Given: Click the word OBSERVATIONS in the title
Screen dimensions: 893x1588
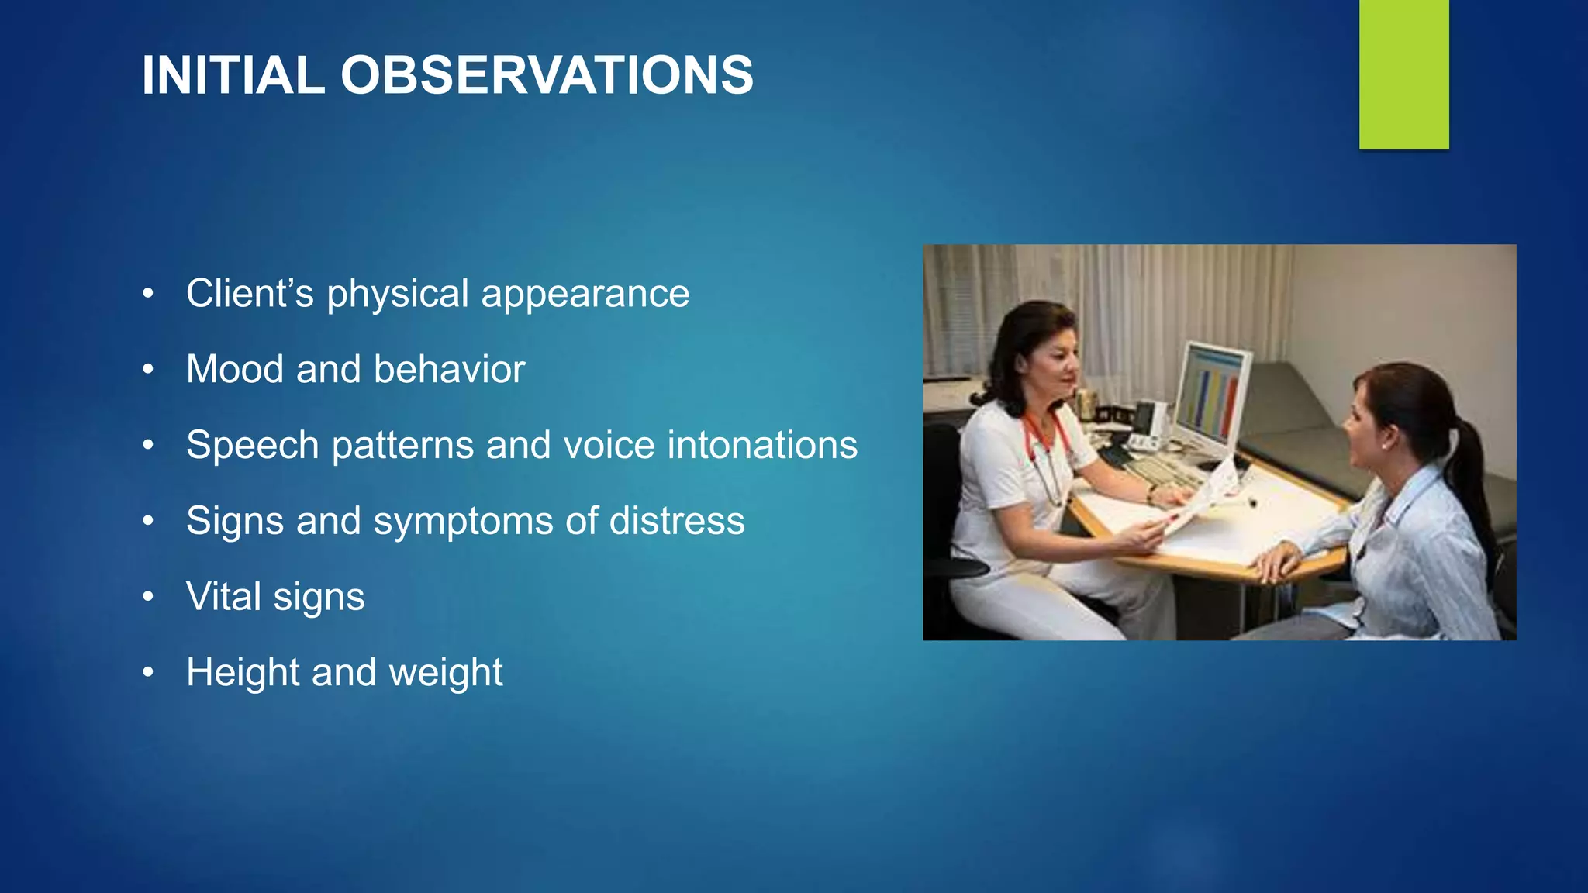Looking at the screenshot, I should tap(547, 75).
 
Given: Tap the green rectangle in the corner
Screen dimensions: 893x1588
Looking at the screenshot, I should tap(1403, 74).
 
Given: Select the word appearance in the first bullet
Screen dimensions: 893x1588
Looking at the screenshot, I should tap(585, 295).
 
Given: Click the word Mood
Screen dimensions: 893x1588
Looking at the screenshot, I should tap(235, 369).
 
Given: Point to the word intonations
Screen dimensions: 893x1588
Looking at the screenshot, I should tap(762, 445).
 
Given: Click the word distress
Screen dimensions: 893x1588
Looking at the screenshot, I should tap(676, 520).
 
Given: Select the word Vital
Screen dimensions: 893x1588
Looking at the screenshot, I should tap(223, 596).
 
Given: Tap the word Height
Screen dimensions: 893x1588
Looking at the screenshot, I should tap(243, 672).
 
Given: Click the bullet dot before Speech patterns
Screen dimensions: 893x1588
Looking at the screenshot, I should tap(148, 446).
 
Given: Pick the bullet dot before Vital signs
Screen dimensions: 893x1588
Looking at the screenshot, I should tap(148, 597).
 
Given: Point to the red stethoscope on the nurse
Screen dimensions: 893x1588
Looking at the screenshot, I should tap(1043, 450).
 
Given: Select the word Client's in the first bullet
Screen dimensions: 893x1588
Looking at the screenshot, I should tap(250, 294).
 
